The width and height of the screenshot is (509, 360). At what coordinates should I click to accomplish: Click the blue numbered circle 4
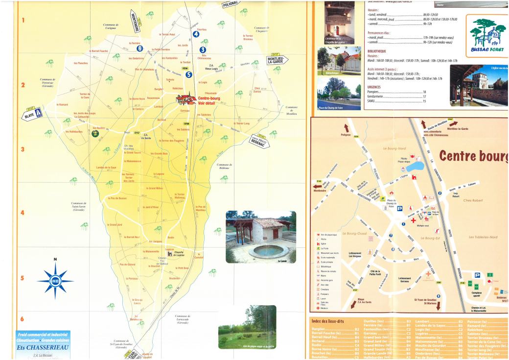pyautogui.click(x=196, y=34)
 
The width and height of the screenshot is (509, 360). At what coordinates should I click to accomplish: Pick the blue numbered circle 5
pyautogui.click(x=189, y=74)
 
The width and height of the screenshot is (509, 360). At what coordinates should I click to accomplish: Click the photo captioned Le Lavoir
pyautogui.click(x=261, y=237)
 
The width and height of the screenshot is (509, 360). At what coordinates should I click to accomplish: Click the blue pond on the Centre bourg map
pyautogui.click(x=415, y=165)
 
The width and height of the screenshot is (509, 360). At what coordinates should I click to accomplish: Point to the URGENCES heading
pyautogui.click(x=376, y=87)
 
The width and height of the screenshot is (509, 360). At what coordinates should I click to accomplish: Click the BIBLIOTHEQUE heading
pyautogui.click(x=376, y=51)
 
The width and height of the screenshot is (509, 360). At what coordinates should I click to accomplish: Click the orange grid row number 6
pyautogui.click(x=22, y=319)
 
